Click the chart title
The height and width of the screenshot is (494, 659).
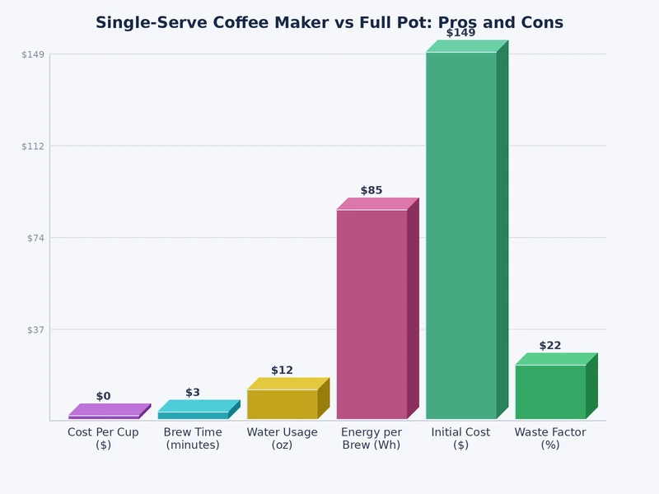tap(329, 23)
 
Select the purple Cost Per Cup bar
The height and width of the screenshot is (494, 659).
tap(105, 417)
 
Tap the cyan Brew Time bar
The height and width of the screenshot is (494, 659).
tap(193, 415)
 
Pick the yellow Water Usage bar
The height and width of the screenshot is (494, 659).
tap(282, 403)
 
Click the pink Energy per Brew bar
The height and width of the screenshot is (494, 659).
tap(372, 314)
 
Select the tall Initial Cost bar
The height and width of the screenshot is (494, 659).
tap(460, 235)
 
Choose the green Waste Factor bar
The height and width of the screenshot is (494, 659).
tap(550, 391)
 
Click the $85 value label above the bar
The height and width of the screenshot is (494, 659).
tap(372, 190)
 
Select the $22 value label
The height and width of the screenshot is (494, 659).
tap(550, 346)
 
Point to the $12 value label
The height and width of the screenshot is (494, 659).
tap(282, 370)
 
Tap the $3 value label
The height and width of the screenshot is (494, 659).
tap(193, 393)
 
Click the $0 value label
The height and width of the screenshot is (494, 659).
tap(103, 396)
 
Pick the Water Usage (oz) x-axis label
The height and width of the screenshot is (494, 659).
tap(282, 438)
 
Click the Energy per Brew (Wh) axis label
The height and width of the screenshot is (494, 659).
tap(372, 438)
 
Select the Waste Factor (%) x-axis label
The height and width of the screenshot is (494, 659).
tap(550, 438)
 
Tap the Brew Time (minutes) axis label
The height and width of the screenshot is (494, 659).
tap(193, 438)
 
